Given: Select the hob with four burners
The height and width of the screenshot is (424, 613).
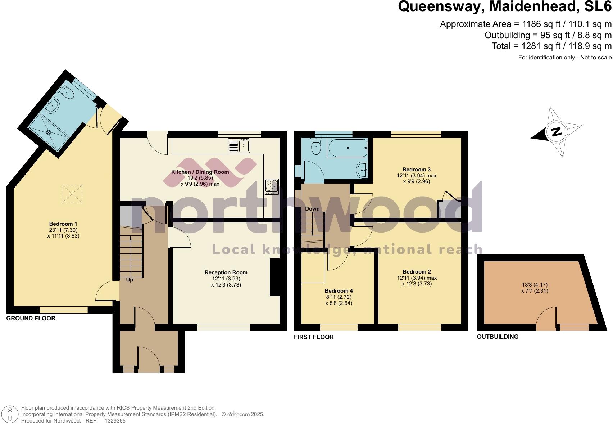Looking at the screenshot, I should (272, 186).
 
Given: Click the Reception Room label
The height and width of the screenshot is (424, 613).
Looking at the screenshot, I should (226, 272).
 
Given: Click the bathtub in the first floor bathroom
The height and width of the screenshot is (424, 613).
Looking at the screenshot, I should (347, 148).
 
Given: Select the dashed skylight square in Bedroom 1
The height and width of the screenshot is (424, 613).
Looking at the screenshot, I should (72, 194).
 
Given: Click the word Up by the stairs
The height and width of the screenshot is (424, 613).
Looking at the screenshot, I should (130, 280).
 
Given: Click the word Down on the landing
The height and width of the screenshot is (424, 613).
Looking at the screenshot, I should (312, 209).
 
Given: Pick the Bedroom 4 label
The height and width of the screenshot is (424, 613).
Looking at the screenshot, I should (339, 291).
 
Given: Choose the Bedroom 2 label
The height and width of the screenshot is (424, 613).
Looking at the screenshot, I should (417, 272).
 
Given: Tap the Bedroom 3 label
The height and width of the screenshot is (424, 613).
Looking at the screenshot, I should (416, 170).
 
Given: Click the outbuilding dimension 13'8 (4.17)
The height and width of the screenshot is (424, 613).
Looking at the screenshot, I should (535, 285).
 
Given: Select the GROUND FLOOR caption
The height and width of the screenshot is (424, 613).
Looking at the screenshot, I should (31, 319).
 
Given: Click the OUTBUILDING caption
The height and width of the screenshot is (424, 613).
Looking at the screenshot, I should (498, 337).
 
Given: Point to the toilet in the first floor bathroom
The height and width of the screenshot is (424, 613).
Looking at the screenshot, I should (316, 147).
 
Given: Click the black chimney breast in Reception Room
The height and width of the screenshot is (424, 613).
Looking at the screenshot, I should (274, 277).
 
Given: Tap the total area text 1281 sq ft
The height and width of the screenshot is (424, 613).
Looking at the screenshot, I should (551, 46).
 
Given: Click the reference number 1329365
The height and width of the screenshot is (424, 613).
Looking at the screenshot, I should (115, 420).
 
